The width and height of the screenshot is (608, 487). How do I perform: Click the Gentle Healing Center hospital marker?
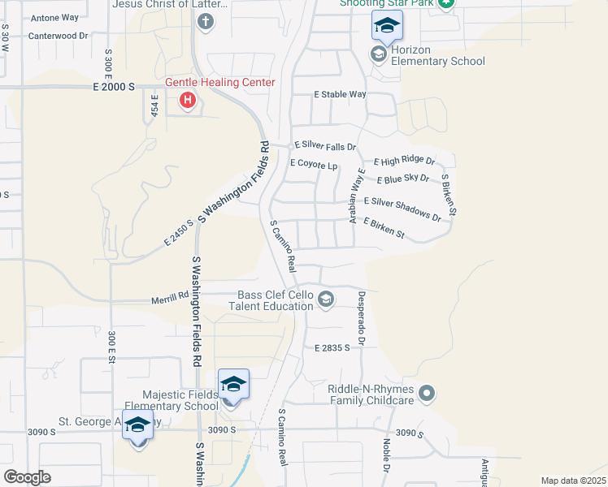coord(188,101)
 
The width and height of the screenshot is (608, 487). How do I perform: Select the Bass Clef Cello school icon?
coord(326,300)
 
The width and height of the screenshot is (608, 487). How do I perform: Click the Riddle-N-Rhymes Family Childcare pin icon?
coord(428,394)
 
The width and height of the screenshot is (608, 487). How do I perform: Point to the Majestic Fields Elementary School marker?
coord(233,384)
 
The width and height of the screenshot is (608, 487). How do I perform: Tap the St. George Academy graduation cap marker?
coord(137,425)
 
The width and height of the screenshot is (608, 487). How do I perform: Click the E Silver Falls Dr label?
coord(324,147)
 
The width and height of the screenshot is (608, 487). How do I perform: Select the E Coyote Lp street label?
coord(313,165)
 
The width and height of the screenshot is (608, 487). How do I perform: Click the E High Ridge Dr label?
coord(404,162)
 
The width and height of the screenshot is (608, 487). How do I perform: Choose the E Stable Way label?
coord(341,94)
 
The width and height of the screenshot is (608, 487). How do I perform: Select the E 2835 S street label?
coord(332,347)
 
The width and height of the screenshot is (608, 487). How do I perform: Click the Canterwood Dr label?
coord(57,36)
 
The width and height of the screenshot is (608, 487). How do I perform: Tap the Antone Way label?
coord(54,17)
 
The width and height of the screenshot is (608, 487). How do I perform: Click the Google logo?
coord(27,477)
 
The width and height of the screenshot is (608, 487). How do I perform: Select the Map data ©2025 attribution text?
coord(573,481)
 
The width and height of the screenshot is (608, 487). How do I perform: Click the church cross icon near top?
coord(206,22)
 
